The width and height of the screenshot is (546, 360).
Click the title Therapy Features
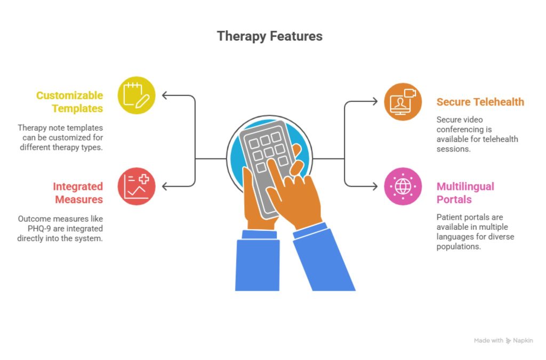click(x=269, y=36)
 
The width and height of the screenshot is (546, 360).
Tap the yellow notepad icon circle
click(x=136, y=95)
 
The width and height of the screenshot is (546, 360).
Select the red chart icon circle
click(x=136, y=186)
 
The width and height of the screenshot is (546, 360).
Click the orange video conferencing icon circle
click(x=403, y=101)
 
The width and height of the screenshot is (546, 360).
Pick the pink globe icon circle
click(x=403, y=186)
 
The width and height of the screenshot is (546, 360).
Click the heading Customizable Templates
click(x=69, y=102)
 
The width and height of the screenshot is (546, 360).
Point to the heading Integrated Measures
click(x=77, y=193)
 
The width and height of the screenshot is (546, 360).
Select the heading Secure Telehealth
click(x=480, y=102)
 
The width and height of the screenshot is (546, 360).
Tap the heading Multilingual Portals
click(x=465, y=193)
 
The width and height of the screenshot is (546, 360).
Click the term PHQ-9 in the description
click(x=31, y=228)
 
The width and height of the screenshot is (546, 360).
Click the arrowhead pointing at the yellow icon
click(x=165, y=95)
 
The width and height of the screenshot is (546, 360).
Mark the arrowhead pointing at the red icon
click(x=165, y=186)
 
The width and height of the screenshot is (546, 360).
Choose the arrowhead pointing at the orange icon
click(x=374, y=101)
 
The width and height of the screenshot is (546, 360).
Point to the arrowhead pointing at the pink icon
click(x=374, y=186)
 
